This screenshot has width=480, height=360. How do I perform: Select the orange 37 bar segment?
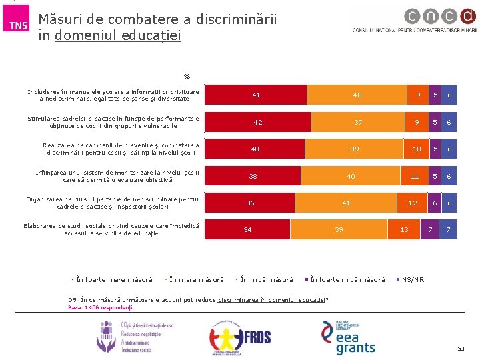[359, 122]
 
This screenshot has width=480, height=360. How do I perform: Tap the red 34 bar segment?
[247, 229]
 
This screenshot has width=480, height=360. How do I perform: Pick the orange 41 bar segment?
[346, 203]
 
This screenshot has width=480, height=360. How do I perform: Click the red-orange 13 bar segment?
[404, 229]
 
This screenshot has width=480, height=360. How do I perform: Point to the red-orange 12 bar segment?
[413, 203]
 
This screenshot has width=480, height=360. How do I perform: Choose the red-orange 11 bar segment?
[415, 176]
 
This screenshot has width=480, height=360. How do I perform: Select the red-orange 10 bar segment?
[417, 149]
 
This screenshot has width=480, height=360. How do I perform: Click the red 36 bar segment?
[250, 203]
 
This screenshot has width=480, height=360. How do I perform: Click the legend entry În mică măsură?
[266, 279]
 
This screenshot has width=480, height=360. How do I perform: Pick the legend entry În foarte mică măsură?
[347, 279]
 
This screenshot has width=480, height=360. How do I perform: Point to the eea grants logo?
[349, 337]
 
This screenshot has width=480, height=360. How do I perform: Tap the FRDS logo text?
[257, 337]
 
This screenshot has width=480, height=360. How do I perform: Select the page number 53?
[460, 349]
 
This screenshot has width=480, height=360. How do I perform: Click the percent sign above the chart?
[187, 75]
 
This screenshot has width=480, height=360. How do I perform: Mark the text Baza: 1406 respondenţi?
[101, 307]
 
